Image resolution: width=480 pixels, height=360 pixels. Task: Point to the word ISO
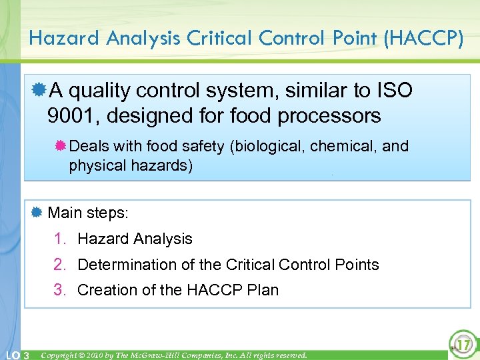(392, 89)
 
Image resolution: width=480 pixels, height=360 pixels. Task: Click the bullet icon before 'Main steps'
(37, 213)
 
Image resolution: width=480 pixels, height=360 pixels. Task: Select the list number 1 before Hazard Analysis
(60, 239)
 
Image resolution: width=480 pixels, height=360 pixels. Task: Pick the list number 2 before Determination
(60, 265)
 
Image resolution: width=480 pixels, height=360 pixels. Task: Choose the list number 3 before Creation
(60, 290)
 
